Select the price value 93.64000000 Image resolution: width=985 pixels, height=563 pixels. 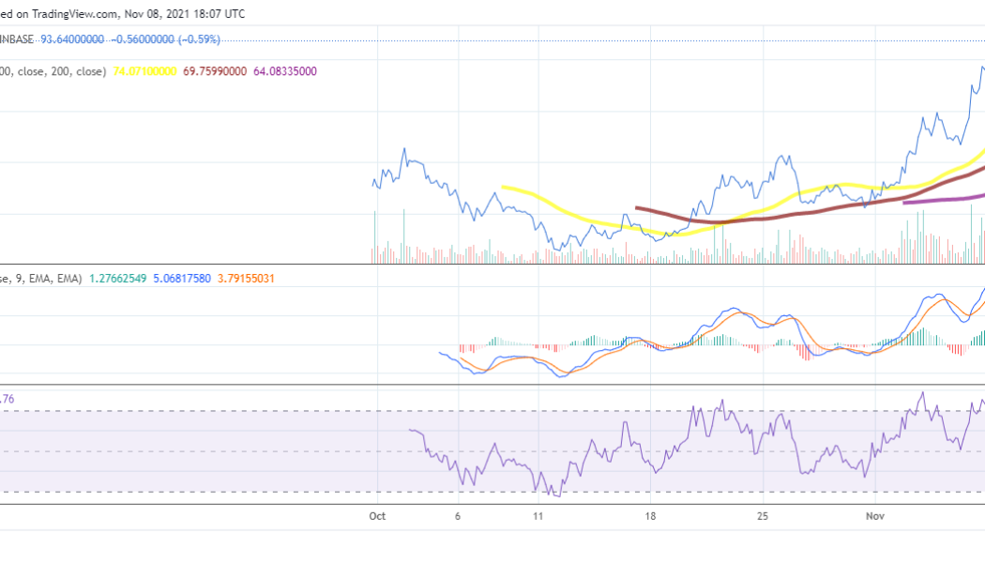71,39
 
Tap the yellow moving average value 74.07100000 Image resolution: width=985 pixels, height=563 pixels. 144,70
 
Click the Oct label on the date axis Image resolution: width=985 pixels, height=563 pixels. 378,515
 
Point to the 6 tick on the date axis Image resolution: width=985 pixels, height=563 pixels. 457,515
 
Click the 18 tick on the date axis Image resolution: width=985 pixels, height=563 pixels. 649,515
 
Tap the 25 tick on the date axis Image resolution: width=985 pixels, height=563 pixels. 764,515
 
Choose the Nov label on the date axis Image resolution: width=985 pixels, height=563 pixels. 875,515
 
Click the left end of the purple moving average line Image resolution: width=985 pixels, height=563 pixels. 903,202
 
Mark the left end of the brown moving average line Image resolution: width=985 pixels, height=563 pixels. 637,207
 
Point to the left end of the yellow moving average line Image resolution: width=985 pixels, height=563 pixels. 503,187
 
